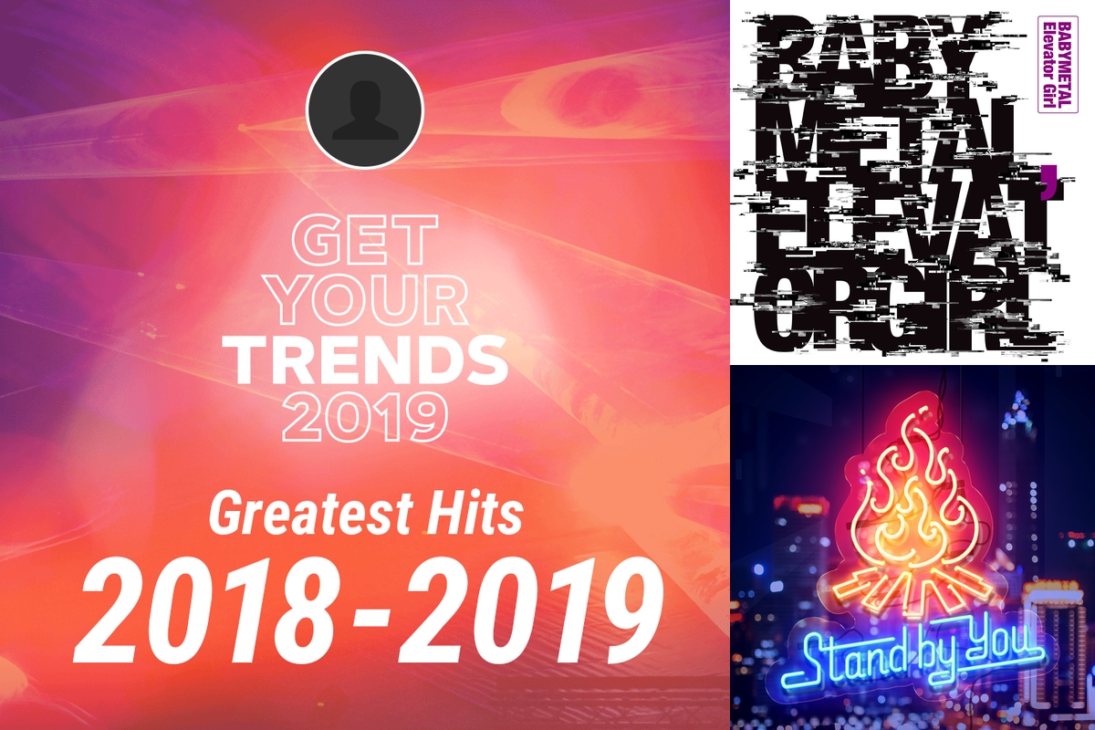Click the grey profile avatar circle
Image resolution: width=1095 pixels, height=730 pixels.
(x=365, y=109)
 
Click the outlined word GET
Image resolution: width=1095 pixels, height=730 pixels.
(x=365, y=240)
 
